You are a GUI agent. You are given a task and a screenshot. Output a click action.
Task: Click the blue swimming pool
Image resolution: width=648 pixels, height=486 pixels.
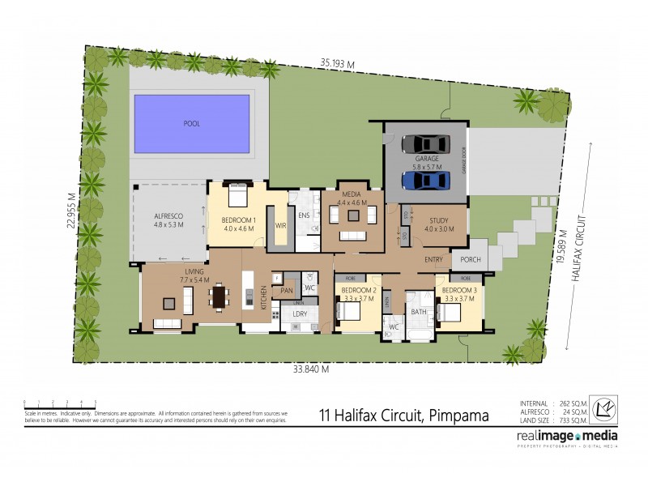(191, 124)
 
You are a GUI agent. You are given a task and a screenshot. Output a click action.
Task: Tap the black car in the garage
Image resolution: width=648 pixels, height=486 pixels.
(425, 144)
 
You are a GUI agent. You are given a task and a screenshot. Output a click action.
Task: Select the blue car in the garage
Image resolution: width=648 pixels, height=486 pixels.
(425, 180)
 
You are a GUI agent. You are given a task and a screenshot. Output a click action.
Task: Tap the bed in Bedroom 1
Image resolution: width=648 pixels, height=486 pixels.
(237, 196)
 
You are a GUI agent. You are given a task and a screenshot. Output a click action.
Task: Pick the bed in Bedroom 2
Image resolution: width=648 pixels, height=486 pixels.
(347, 311)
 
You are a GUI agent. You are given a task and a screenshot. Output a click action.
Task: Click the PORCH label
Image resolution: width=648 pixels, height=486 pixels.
(470, 260)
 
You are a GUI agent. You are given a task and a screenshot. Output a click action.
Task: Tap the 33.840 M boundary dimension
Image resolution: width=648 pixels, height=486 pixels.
(312, 369)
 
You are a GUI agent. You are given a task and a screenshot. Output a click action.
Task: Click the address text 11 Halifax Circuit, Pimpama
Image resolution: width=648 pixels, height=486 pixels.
(402, 417)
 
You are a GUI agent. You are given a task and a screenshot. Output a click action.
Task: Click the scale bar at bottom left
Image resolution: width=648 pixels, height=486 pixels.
(60, 403)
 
